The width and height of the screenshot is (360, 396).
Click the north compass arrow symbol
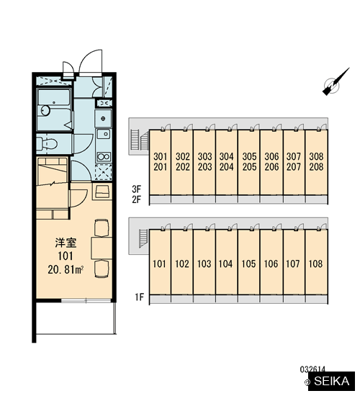point(336,82)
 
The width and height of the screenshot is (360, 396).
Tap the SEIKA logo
point(331,381)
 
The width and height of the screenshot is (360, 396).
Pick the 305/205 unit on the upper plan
point(249,161)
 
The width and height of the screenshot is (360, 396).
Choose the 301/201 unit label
point(160,161)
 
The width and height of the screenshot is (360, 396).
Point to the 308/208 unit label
point(316,161)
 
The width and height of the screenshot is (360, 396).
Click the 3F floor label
point(136,189)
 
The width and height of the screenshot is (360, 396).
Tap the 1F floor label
point(139,297)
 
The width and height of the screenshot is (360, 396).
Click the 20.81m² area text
point(66,270)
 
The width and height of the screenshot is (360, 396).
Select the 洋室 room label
point(66,243)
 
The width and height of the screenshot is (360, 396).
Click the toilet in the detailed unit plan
point(47,144)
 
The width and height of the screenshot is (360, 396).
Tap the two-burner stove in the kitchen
point(104,157)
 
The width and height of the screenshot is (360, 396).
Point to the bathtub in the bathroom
point(54,110)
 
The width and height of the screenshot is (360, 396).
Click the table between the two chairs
point(102,248)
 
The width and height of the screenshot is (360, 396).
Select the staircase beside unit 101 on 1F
point(143,238)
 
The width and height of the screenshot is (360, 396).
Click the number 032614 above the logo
point(312,369)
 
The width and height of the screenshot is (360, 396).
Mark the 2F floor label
point(136,199)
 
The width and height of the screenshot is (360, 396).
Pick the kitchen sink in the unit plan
point(104,134)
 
